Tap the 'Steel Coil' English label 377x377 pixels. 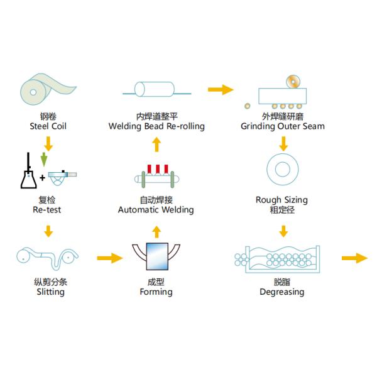tap(48, 126)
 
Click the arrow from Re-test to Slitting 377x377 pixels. tap(48, 233)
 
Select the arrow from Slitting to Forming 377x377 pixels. tap(109, 258)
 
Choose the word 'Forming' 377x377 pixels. tap(156, 292)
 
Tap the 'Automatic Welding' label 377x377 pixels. tap(156, 209)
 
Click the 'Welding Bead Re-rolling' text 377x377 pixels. tap(156, 126)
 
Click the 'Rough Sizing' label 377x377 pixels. tap(281, 200)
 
